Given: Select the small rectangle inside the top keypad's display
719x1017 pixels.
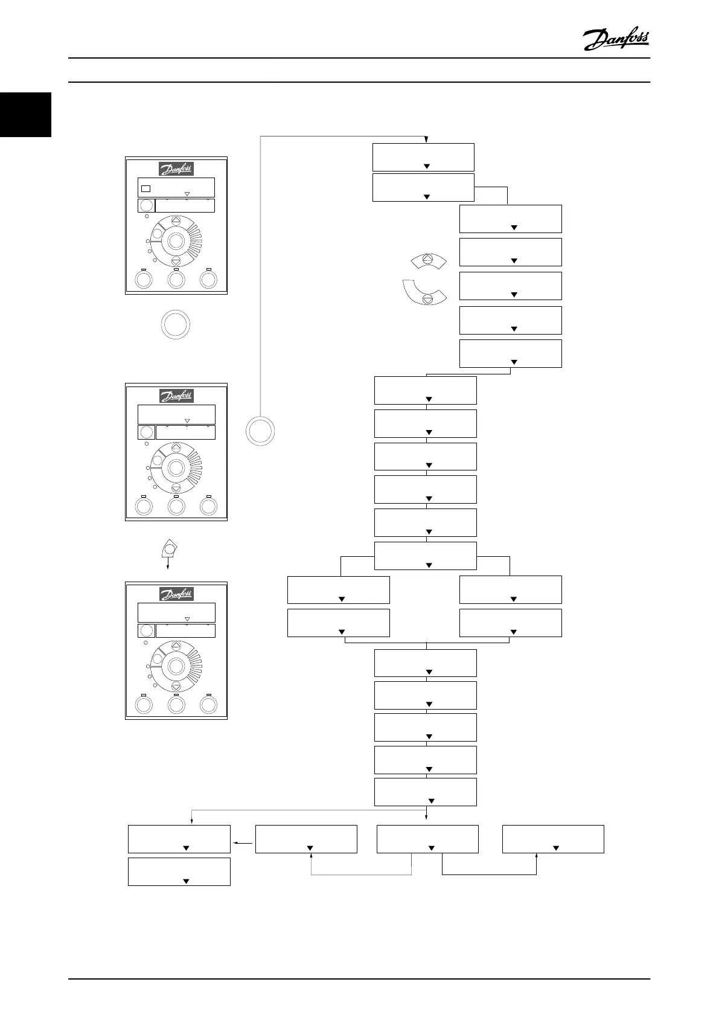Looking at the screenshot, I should tap(145, 188).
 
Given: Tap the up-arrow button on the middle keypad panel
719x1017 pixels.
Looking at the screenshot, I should tap(176, 448).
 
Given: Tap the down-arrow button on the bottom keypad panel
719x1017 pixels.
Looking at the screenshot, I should tap(176, 686).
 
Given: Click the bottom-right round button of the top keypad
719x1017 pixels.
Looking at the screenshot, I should tap(208, 280).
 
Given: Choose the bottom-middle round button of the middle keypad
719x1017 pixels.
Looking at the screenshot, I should tap(176, 506).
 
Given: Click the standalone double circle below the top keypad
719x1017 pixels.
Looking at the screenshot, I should tap(176, 326).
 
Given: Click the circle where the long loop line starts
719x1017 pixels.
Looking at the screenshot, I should tap(261, 432).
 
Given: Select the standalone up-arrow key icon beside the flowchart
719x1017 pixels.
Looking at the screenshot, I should tap(427, 260).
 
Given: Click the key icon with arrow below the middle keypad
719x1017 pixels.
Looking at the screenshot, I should tap(169, 550).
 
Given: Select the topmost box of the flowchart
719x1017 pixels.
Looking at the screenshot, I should tap(423, 157).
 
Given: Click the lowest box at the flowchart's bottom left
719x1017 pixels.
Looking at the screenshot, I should tap(179, 871).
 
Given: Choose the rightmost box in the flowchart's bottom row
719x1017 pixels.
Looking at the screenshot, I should tap(553, 839).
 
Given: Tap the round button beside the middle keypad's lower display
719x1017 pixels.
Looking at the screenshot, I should tap(146, 432).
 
